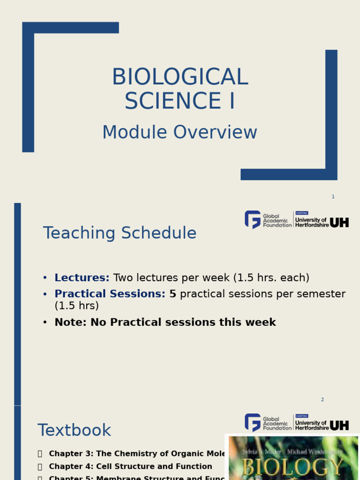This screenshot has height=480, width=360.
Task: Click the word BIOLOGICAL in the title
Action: [x=180, y=77]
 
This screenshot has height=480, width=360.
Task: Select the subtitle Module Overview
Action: [x=180, y=133]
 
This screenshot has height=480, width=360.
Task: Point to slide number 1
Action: [x=333, y=196]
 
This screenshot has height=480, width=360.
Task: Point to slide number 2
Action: [x=322, y=399]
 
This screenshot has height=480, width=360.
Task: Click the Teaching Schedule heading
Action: [x=120, y=233]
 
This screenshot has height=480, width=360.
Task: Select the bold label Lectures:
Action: [x=82, y=278]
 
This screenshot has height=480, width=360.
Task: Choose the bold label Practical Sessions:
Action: [x=110, y=294]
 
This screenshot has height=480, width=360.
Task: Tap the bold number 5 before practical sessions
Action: [x=172, y=294]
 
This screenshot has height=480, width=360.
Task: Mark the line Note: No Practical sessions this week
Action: [x=165, y=322]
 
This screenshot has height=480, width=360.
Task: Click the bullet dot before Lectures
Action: [x=45, y=278]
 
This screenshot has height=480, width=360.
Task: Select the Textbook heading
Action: [x=74, y=430]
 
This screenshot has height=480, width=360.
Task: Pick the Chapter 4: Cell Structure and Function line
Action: [x=130, y=466]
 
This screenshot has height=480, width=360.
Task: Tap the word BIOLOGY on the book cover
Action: [x=292, y=467]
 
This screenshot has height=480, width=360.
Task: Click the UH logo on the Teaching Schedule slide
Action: [x=339, y=223]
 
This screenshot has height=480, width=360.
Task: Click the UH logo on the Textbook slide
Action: [x=339, y=425]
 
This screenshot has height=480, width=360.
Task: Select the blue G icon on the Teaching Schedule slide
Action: [x=253, y=219]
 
